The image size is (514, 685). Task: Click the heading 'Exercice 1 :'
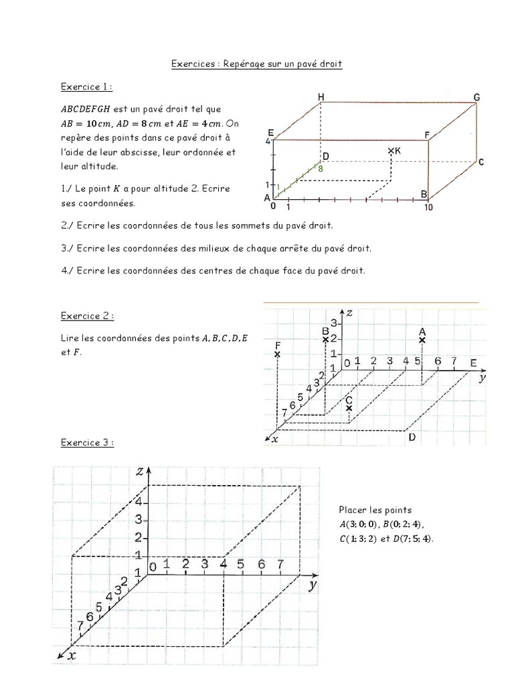coord(86,87)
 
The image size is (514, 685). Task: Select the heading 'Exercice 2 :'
coord(87,316)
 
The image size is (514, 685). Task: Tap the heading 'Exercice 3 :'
coord(87,442)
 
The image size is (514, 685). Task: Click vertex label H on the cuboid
coord(321,98)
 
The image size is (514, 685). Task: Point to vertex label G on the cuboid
coord(477,98)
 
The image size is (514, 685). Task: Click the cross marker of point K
coord(391,152)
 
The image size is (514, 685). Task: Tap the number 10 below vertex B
coord(428,207)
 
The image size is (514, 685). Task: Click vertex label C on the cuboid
coord(481,162)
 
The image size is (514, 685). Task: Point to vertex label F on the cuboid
coord(427,135)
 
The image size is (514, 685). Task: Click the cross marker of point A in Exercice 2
coord(422,340)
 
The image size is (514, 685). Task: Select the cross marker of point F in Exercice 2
coord(277,354)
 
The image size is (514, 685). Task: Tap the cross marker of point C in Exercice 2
coord(349,408)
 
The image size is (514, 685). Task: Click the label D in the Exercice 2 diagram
coord(412,437)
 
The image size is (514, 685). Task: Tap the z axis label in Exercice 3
coord(140,471)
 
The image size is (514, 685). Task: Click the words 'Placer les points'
coord(375,510)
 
